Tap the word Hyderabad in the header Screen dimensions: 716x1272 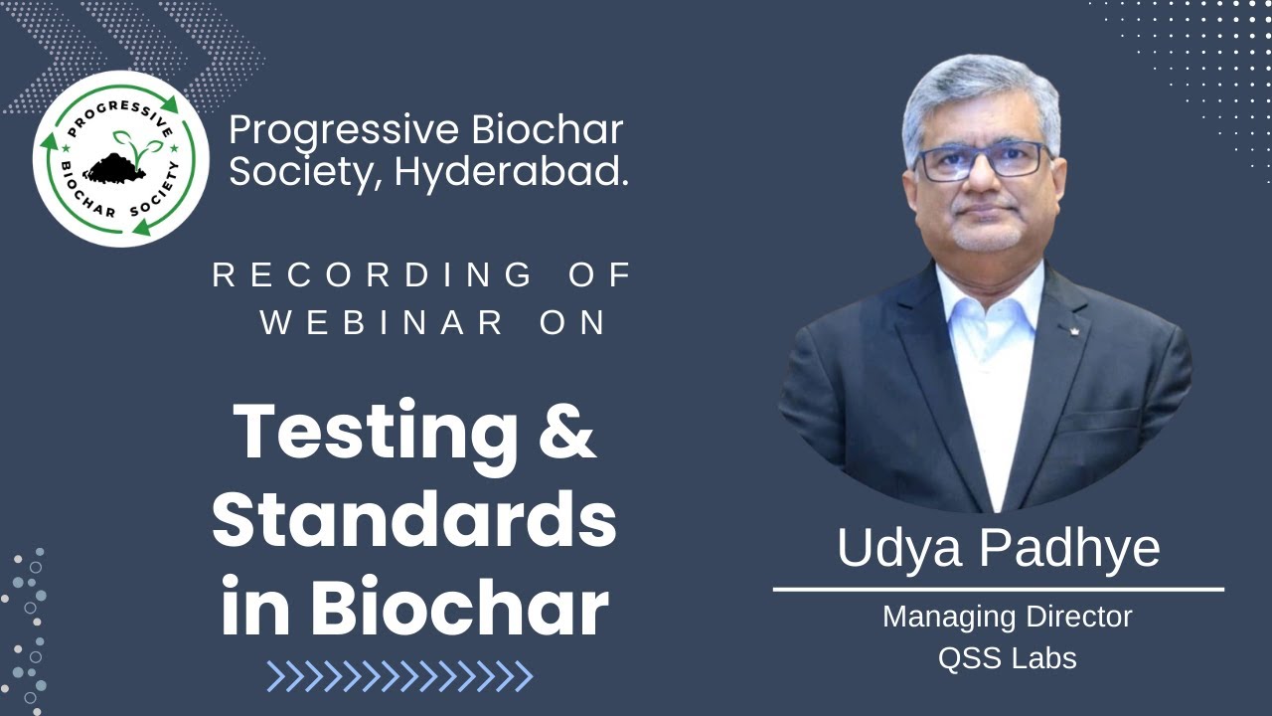pyautogui.click(x=511, y=172)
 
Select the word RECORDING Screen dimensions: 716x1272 pyautogui.click(x=373, y=275)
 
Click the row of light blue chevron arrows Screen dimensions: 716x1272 pyautogui.click(x=399, y=676)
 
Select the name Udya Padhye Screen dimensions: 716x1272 pyautogui.click(x=998, y=549)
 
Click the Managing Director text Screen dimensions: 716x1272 pyautogui.click(x=1007, y=617)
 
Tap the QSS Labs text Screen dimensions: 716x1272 pyautogui.click(x=1007, y=657)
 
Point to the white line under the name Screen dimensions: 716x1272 pyautogui.click(x=998, y=590)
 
